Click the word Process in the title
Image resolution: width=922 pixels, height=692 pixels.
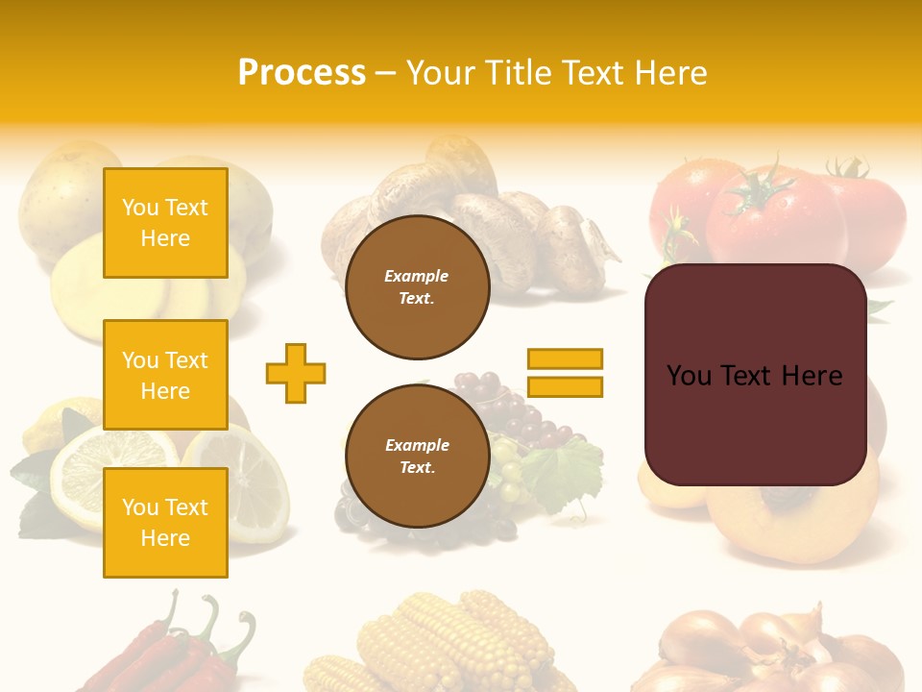[x=302, y=73]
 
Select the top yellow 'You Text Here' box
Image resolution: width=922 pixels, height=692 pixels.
[x=165, y=223]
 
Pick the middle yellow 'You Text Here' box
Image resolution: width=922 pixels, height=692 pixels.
[x=165, y=375]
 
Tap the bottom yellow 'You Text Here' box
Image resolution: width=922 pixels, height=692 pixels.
[x=165, y=523]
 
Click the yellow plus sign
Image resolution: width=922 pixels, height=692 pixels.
[x=296, y=373]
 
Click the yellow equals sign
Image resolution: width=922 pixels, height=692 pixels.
[x=565, y=373]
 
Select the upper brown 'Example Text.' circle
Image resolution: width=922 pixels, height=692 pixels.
[x=417, y=287]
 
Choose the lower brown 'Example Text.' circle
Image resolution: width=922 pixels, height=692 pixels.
[x=417, y=457]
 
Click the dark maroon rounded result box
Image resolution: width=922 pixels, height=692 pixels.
[x=755, y=375]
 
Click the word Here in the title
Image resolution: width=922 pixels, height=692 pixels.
[x=669, y=73]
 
